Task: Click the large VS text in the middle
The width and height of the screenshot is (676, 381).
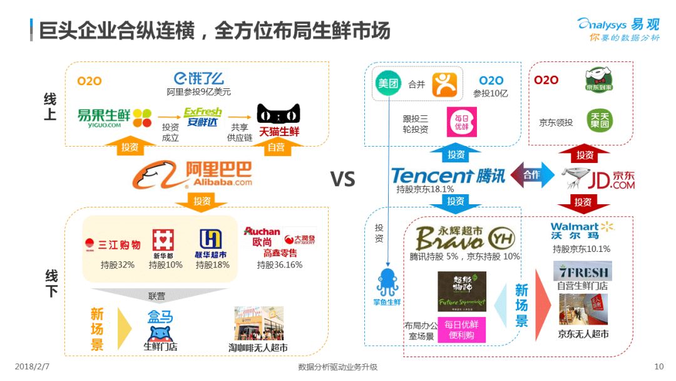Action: pyautogui.click(x=342, y=180)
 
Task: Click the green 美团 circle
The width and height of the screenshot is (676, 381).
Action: pyautogui.click(x=388, y=83)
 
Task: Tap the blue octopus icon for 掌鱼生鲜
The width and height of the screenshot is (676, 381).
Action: pyautogui.click(x=388, y=283)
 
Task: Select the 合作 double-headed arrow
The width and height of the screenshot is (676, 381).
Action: pyautogui.click(x=532, y=175)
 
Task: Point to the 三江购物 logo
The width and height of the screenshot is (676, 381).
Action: pyautogui.click(x=113, y=244)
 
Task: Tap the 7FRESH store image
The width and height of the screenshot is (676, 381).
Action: pyautogui.click(x=582, y=271)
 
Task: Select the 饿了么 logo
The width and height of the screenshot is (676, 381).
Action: pyautogui.click(x=198, y=78)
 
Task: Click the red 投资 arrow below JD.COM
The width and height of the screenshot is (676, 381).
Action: pyautogui.click(x=583, y=203)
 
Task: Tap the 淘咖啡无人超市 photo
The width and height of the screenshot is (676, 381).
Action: pyautogui.click(x=259, y=323)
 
